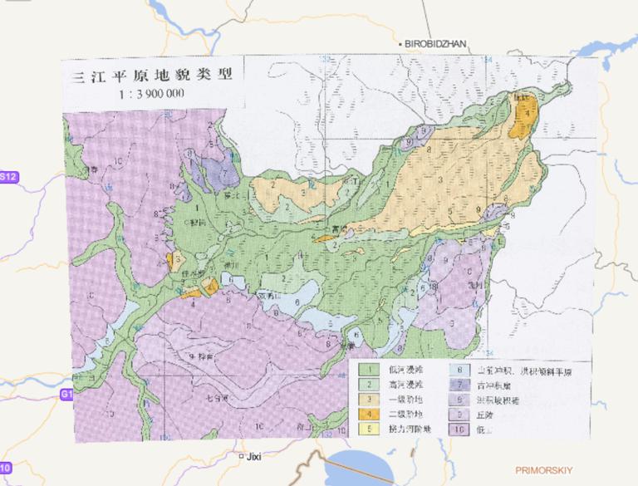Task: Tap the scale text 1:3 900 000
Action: click(x=151, y=93)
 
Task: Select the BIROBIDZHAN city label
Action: click(x=437, y=42)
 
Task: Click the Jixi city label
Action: click(x=252, y=456)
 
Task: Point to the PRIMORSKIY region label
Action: click(x=543, y=470)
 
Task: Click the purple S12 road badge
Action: click(x=7, y=177)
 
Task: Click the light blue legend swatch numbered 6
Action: click(x=459, y=370)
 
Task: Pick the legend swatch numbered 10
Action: click(x=459, y=429)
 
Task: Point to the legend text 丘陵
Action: click(x=484, y=414)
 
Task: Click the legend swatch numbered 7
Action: click(x=459, y=385)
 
